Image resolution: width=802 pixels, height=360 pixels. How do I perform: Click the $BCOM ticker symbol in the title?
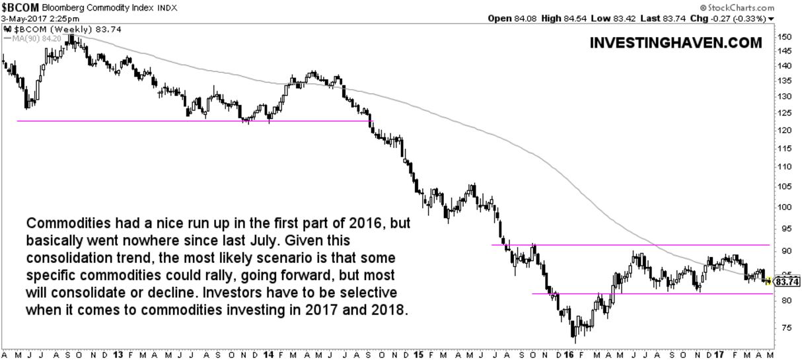20,7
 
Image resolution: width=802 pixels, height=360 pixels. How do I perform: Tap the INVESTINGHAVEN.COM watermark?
675,43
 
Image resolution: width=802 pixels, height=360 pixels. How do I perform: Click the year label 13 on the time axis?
119,354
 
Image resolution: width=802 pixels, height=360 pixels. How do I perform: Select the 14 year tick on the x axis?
268,354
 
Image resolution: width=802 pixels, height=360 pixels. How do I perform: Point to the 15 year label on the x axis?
418,354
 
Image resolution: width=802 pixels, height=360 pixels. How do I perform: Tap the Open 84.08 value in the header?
512,18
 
